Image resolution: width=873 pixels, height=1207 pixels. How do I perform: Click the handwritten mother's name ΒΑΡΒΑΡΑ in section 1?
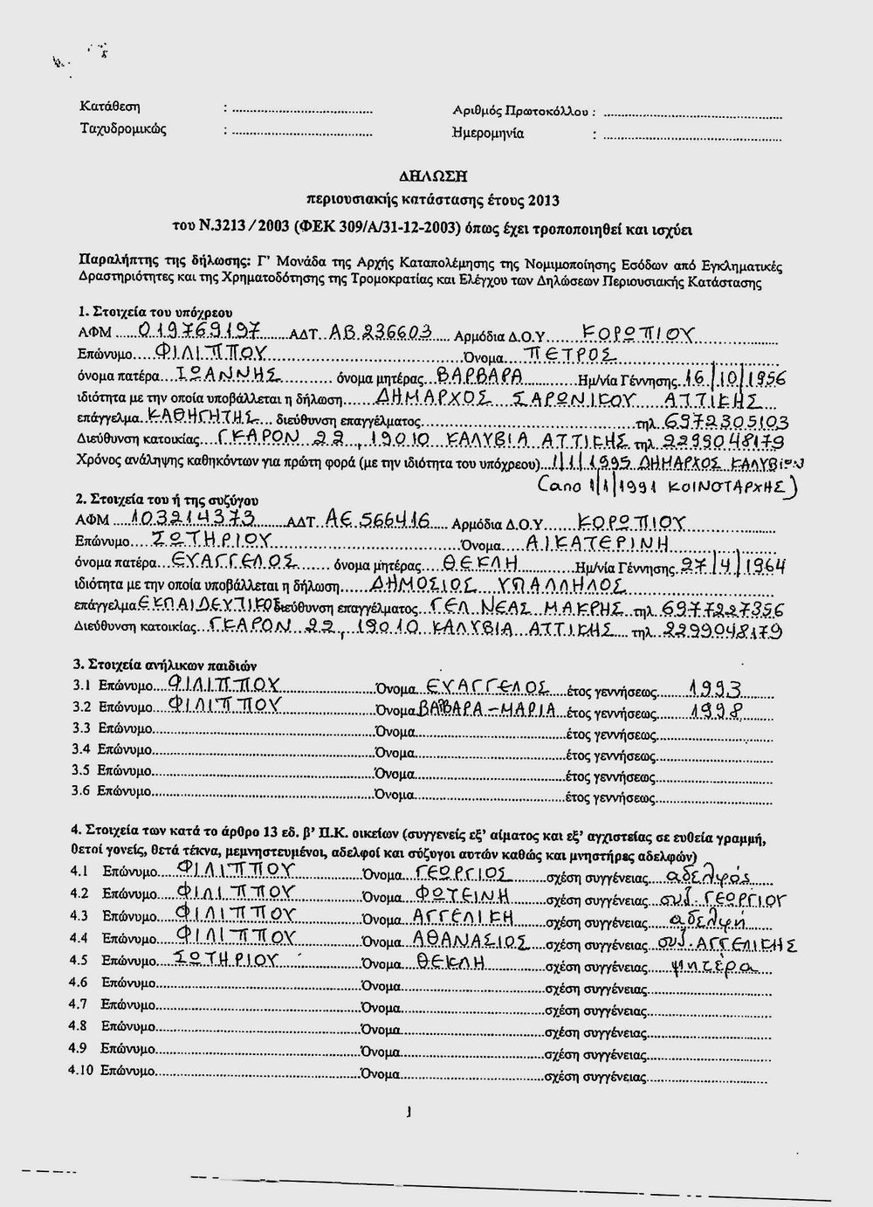click(x=479, y=376)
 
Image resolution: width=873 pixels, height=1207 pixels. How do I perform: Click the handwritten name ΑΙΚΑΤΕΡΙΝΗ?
click(x=595, y=543)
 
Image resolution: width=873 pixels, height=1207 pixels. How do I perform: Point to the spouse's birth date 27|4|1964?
click(x=733, y=566)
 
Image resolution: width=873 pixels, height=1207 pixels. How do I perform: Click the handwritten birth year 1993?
click(x=715, y=686)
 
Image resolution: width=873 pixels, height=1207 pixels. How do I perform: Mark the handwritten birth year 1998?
click(x=715, y=709)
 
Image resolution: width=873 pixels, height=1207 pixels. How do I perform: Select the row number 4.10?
click(x=79, y=1070)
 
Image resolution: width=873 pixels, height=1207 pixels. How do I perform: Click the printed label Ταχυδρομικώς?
click(x=123, y=129)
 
